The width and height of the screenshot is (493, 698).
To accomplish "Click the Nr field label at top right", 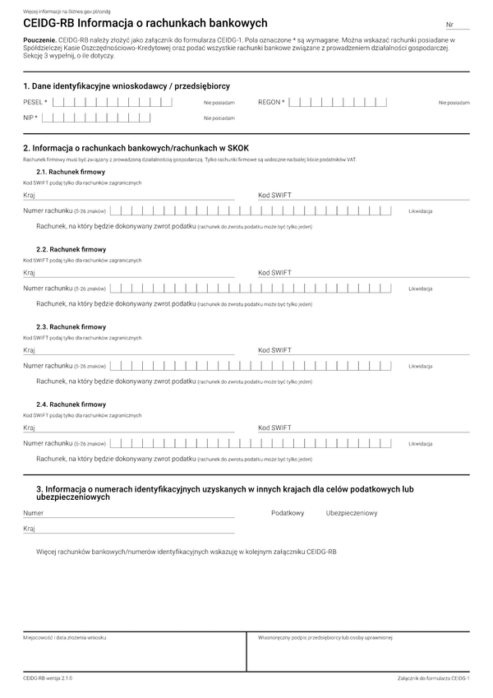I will (x=449, y=26).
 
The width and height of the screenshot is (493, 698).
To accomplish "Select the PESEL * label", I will (x=35, y=102).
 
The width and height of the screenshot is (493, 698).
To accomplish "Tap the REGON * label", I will (x=271, y=102).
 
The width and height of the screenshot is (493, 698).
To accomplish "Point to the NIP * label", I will (x=30, y=118).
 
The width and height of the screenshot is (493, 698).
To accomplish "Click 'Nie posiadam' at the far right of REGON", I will (x=454, y=103).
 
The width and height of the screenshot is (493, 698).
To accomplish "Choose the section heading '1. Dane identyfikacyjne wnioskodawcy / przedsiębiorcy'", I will (x=126, y=86).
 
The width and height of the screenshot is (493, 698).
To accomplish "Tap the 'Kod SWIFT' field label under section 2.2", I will (x=274, y=272).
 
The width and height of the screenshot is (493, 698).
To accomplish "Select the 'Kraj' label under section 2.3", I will (x=29, y=350).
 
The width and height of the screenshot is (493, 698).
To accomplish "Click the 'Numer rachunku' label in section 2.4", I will (x=48, y=443).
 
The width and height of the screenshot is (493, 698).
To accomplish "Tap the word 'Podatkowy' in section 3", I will (x=288, y=513).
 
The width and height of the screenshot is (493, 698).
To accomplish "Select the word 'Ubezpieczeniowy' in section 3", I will (x=352, y=513).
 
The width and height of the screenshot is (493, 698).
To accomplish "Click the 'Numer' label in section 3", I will (x=33, y=513).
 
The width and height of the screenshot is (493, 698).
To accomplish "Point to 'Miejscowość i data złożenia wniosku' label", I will (x=64, y=636).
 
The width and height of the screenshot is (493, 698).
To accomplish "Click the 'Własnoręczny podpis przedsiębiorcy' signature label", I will (x=325, y=636).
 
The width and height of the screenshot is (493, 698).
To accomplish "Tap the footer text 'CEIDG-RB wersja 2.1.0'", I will (x=48, y=678).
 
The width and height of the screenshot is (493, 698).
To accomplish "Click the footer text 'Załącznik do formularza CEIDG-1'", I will (x=432, y=678).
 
